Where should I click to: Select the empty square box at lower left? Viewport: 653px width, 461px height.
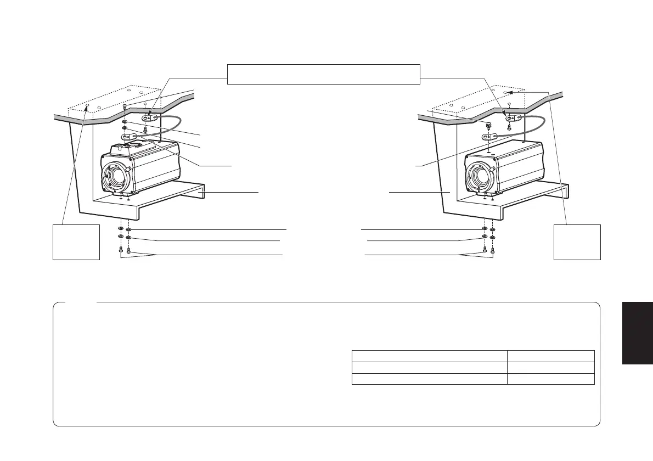click(76, 241)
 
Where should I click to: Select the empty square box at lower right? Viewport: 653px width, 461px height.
click(577, 241)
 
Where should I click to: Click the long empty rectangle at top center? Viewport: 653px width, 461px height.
click(324, 74)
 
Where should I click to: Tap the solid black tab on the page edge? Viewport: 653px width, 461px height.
click(638, 333)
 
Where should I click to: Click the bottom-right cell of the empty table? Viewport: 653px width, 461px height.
click(550, 379)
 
